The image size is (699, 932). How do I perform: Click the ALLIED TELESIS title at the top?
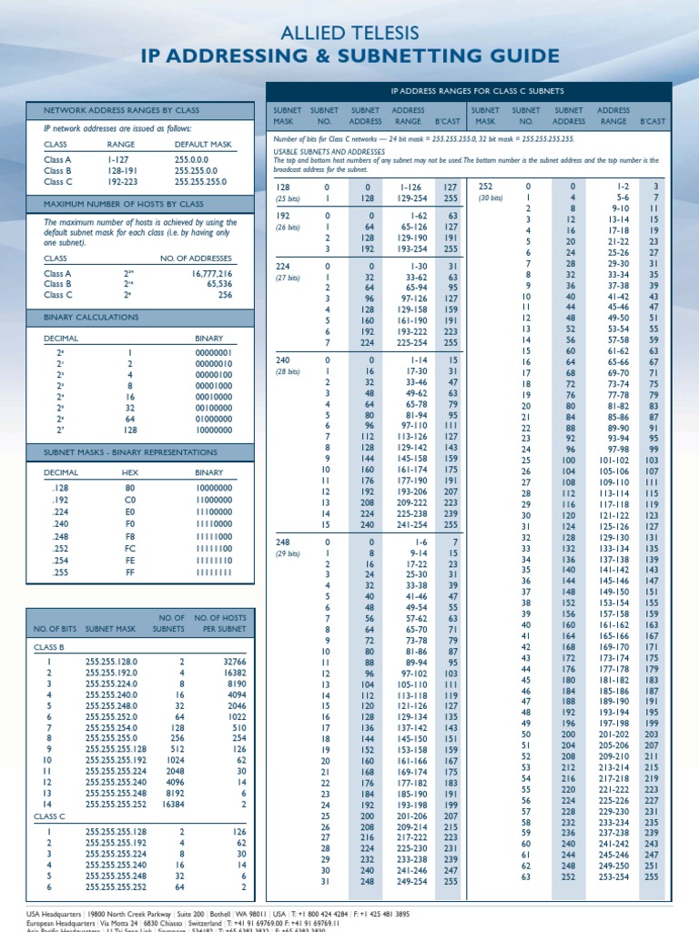(349, 35)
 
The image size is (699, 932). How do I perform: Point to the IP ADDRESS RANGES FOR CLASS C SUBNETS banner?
(477, 92)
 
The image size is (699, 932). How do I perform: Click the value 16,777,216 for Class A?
(212, 273)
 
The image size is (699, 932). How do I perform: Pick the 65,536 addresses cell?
(217, 284)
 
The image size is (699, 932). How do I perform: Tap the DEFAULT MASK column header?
(202, 144)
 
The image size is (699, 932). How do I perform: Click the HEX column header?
(128, 473)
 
